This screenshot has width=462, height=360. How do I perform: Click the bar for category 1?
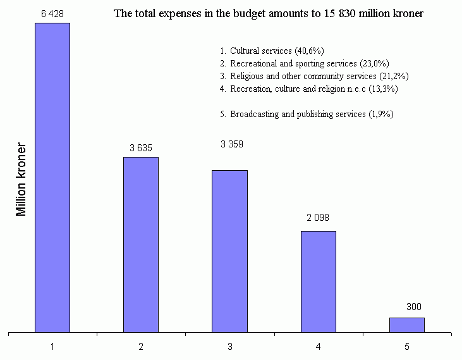coord(52,177)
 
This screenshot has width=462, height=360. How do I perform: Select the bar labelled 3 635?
coord(141,244)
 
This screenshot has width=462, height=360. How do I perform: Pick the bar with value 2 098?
coord(318,282)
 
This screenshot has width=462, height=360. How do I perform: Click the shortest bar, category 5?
coord(406,325)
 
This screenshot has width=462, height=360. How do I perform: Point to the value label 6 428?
coord(52,14)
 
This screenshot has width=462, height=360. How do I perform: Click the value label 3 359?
coord(232,144)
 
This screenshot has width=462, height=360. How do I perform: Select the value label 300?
coord(414,307)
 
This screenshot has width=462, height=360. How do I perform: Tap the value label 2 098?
coord(318,218)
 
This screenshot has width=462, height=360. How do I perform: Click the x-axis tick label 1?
coord(52,347)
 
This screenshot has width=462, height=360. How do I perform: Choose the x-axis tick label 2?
coord(141,347)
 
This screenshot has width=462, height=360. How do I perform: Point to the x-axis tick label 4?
coord(318,347)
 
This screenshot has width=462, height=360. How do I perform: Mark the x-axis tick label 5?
coord(406,347)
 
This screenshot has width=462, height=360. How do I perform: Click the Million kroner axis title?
coord(22,180)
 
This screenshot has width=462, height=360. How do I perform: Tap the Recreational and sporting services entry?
coord(309,63)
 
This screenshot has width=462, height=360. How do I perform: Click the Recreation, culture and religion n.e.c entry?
coord(313,89)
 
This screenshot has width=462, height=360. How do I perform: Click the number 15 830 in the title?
coord(348,13)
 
